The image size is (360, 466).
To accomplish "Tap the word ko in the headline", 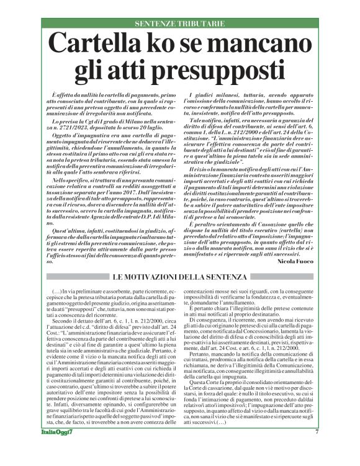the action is click(x=170, y=45).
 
